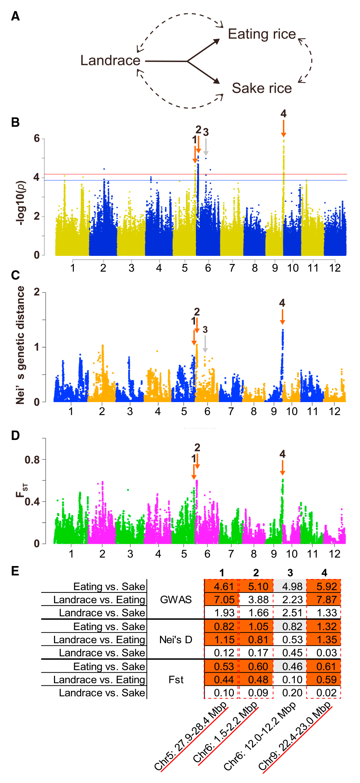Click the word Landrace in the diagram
110,60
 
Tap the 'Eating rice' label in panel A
262,34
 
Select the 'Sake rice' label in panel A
262,88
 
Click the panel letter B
15,122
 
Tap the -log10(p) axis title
21,203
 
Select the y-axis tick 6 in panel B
37,138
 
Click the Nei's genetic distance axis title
20,345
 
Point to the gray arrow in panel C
205,344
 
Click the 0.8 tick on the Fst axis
32,460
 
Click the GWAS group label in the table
176,600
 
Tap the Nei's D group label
176,639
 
